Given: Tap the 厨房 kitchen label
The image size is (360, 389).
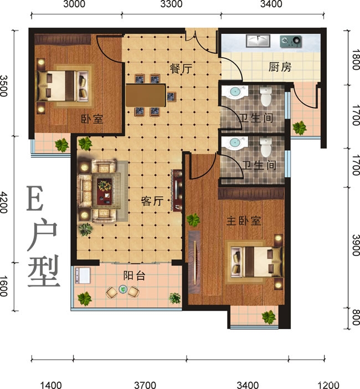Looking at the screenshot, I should click(x=280, y=67).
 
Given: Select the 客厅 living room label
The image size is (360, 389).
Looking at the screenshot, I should click(x=152, y=202).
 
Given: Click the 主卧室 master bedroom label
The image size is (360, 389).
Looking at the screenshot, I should click(x=244, y=221).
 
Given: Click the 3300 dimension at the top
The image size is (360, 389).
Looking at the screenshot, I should click(x=171, y=4).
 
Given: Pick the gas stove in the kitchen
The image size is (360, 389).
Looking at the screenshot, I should click(x=291, y=40).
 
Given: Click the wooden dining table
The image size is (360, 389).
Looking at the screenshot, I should click(x=145, y=95).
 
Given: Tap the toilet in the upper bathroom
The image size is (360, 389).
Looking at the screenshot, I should click(x=266, y=98).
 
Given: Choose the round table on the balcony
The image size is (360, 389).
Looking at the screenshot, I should click(x=122, y=290).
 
